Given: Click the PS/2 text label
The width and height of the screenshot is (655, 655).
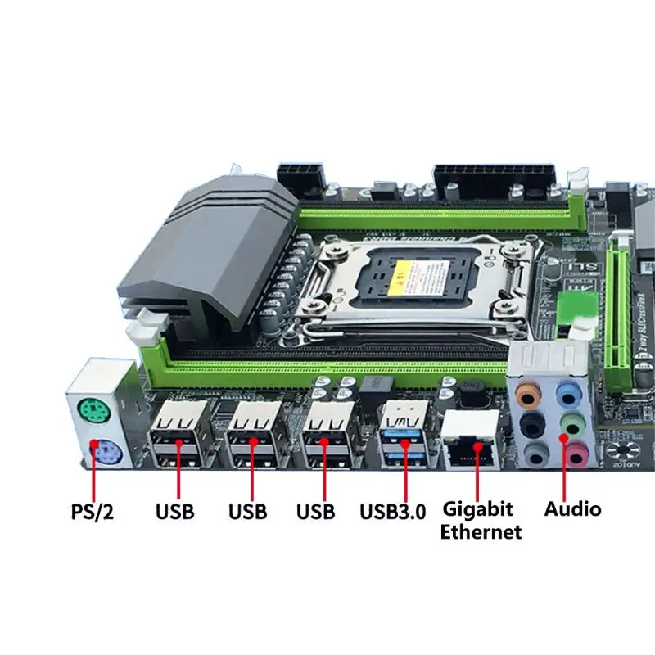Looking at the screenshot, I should [91, 513].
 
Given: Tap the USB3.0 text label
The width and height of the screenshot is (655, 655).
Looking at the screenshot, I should [393, 513].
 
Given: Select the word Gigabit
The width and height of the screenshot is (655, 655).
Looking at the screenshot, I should [478, 508].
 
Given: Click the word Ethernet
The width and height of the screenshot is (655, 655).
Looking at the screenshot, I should [481, 532].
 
